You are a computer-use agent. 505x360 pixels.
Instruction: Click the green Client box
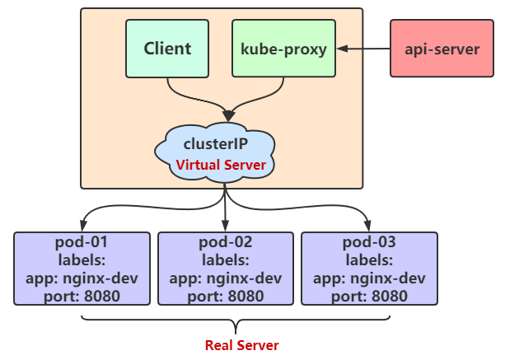point(167,49)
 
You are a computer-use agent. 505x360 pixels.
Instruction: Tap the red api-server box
point(442,49)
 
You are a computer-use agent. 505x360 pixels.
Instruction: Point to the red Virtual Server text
point(221,165)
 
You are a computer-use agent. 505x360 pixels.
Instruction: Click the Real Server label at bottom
point(242,344)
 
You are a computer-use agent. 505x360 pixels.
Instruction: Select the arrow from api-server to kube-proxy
point(362,49)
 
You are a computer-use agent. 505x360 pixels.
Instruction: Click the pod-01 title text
point(82,242)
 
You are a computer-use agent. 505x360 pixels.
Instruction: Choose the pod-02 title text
point(225,242)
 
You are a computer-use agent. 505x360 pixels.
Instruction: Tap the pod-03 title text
point(368,242)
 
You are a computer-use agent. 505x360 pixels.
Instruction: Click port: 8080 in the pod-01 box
point(82,296)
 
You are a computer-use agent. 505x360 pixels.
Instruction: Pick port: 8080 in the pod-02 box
point(225,296)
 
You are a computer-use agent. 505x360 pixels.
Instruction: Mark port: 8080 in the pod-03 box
point(368,296)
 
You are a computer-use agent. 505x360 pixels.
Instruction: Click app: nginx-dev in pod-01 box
point(82,278)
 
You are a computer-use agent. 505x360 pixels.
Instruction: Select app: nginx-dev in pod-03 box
point(368,278)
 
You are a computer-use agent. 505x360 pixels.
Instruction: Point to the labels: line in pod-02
point(225,259)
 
